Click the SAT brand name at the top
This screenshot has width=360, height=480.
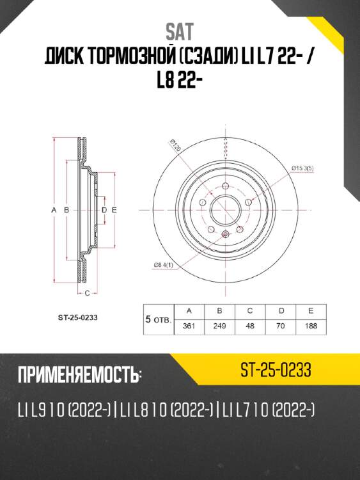(x=180, y=30)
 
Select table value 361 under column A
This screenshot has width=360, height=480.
(x=189, y=325)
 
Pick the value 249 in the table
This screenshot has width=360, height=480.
(x=219, y=325)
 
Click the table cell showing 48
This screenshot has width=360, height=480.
(x=249, y=325)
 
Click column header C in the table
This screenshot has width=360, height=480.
(x=249, y=310)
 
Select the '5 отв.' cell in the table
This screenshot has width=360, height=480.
(x=158, y=318)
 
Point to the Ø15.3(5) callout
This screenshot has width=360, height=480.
(x=302, y=168)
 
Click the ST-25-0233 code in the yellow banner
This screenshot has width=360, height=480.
(x=276, y=369)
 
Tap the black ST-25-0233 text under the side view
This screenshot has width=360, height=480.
(x=77, y=316)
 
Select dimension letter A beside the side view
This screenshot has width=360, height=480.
(x=56, y=210)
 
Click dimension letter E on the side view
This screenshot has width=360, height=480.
(x=113, y=210)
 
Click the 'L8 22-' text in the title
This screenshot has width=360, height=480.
(x=180, y=81)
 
